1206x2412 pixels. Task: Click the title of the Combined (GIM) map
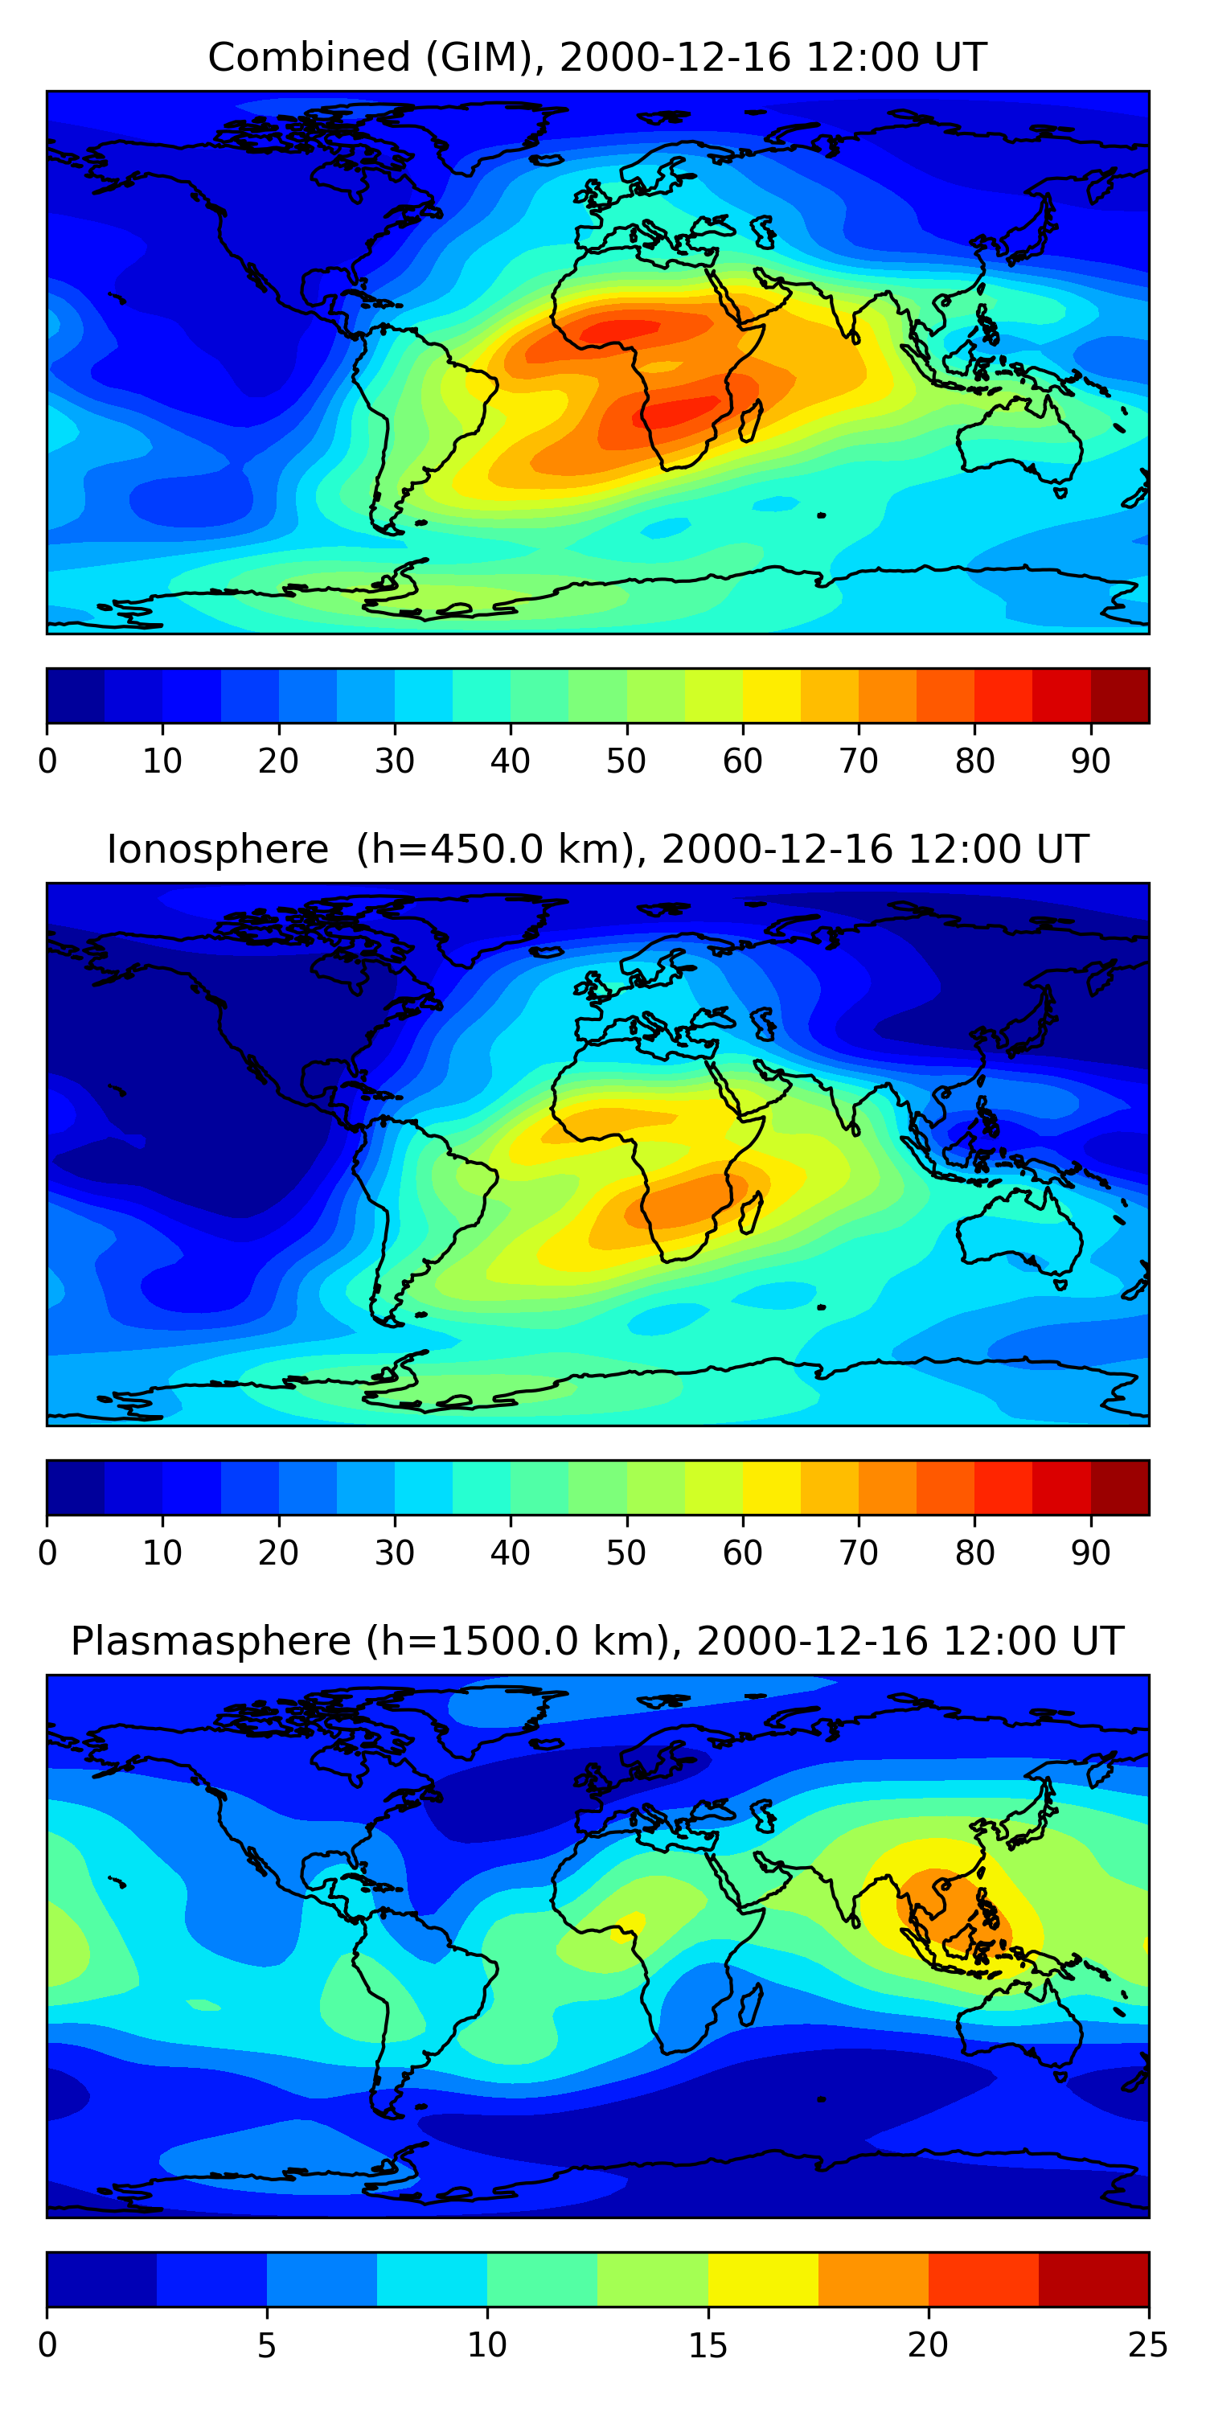point(597,57)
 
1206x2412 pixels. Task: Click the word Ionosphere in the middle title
point(217,849)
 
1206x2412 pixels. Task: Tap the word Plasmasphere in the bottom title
point(211,1642)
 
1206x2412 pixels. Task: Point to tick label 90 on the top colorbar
point(1090,761)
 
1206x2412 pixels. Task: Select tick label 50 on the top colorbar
point(626,761)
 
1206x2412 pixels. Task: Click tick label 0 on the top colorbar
point(47,761)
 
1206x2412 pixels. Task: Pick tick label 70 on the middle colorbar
point(858,1553)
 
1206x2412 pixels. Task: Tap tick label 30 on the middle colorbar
point(394,1553)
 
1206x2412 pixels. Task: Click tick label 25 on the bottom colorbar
point(1147,2344)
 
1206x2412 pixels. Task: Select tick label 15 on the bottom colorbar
point(708,2344)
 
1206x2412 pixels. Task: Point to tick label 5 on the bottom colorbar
point(267,2344)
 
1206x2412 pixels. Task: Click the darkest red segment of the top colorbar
point(1120,695)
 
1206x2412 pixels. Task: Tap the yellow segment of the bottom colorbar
point(762,2280)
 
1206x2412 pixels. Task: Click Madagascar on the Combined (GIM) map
point(751,420)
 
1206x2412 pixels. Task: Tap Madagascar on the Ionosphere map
point(751,1212)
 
